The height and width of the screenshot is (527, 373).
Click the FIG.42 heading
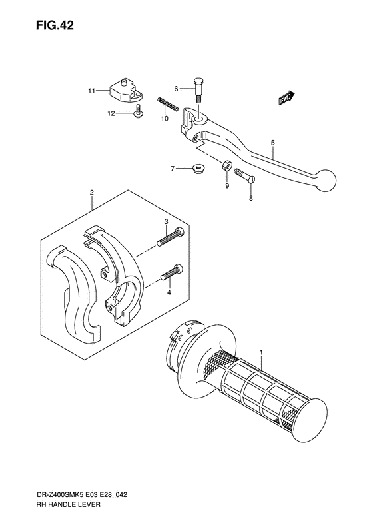55,26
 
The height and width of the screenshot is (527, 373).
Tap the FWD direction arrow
286,98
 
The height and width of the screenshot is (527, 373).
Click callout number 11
91,91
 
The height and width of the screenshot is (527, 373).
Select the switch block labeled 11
126,90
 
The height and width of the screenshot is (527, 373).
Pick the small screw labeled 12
137,111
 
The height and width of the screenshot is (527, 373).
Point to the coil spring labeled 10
167,103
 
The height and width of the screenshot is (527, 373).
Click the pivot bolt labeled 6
198,91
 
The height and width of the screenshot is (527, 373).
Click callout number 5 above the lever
273,143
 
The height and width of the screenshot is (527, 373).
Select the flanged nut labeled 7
197,168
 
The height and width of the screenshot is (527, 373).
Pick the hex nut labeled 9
226,165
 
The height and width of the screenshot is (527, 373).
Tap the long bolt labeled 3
171,237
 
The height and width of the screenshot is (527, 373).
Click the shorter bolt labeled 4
172,272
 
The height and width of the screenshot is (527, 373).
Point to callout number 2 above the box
92,193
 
